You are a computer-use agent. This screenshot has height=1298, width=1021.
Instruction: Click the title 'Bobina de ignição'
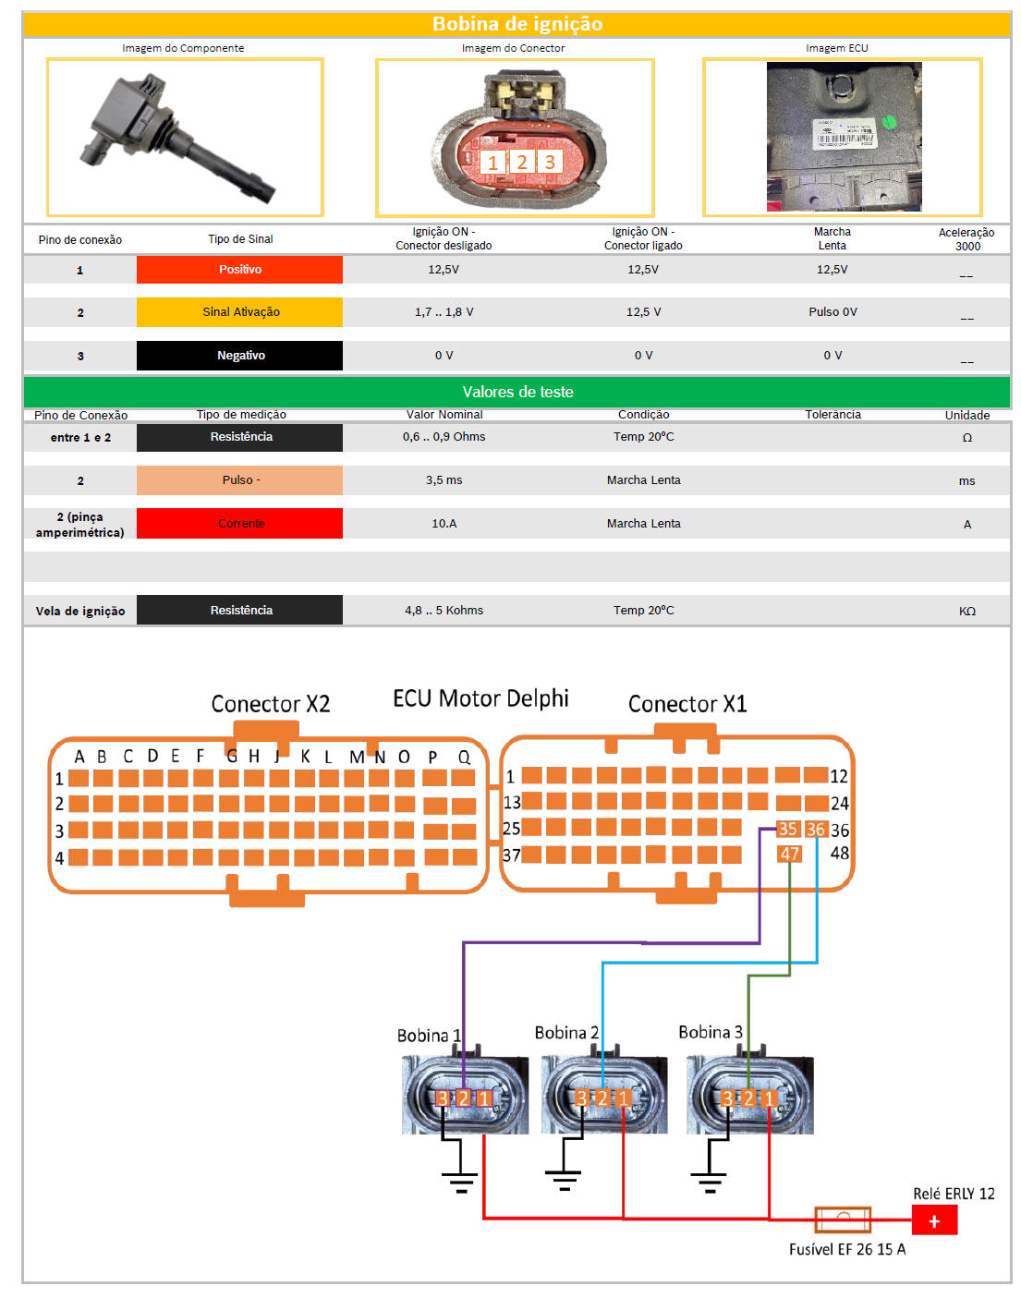(x=517, y=23)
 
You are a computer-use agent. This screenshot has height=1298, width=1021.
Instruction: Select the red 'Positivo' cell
(x=239, y=270)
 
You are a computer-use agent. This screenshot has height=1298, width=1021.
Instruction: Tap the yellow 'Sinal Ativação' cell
(x=239, y=312)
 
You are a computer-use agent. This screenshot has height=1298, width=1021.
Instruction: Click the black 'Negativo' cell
(x=239, y=356)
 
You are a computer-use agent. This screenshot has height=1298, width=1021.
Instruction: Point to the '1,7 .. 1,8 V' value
(x=444, y=312)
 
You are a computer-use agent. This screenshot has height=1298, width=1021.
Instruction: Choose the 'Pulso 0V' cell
(x=833, y=312)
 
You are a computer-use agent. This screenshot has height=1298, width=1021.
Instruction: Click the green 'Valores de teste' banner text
(x=517, y=392)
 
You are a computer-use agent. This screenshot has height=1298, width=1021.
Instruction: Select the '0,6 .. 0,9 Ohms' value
(x=444, y=437)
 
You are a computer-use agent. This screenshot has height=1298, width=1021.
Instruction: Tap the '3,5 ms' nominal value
(x=444, y=480)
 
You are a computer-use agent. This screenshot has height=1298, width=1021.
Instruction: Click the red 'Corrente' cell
(x=239, y=523)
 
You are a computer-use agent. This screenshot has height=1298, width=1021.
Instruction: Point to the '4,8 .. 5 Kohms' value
(x=444, y=611)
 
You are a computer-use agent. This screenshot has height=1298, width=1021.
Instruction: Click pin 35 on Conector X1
(x=787, y=829)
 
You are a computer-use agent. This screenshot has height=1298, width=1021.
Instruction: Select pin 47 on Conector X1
(x=789, y=854)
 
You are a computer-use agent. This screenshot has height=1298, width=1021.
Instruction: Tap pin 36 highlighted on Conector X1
(x=816, y=829)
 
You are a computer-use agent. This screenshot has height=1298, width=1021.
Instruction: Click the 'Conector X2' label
(x=271, y=704)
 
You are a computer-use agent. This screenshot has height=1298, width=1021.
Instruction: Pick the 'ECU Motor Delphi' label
(x=480, y=698)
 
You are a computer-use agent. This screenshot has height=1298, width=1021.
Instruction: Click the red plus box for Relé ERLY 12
(x=934, y=1219)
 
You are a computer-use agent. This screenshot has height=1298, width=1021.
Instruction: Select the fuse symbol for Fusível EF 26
(x=843, y=1219)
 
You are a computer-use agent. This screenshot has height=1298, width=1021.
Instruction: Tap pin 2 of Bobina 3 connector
(x=748, y=1098)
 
